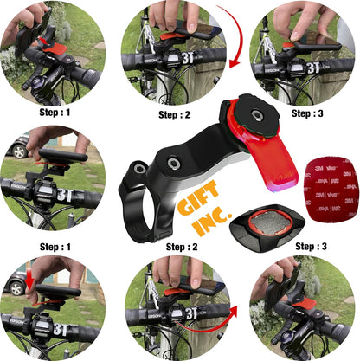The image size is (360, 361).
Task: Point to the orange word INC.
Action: [213, 221]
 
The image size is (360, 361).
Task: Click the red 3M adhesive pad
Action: [331, 190]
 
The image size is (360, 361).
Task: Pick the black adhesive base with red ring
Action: [267, 228]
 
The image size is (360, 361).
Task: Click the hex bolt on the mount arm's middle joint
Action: [174, 164]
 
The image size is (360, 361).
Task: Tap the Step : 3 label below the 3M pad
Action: [311, 247]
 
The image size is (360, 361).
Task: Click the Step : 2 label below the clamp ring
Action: [182, 247]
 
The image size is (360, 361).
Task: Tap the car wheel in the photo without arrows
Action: [19, 151]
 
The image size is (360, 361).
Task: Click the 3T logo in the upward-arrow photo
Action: [192, 313]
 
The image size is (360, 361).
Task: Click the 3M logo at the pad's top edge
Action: [318, 168]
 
